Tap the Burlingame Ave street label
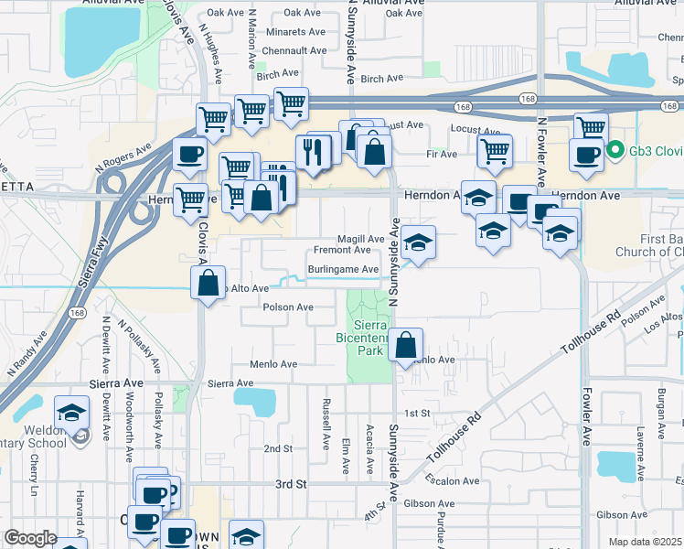coord(343,269)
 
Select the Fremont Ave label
coord(342,250)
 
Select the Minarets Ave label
coord(295,31)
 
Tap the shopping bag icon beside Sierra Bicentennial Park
coord(406,346)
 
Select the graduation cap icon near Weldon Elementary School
coord(71,414)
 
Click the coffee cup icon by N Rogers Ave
coord(189,155)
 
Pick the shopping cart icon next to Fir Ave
coord(495,151)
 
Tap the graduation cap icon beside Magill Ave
coord(418,242)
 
